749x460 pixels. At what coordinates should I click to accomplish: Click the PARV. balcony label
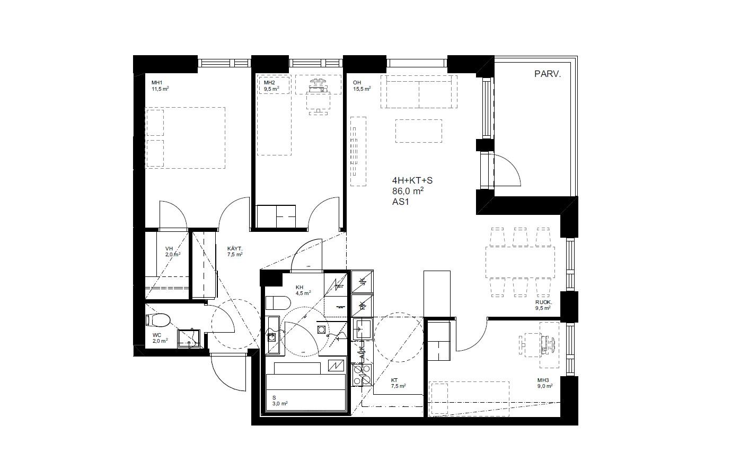click(547, 74)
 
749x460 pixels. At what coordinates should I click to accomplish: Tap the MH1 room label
click(157, 83)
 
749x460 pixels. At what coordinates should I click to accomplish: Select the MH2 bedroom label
click(269, 83)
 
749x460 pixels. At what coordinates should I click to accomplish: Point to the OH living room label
click(357, 83)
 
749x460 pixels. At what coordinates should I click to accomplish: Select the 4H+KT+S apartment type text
click(412, 180)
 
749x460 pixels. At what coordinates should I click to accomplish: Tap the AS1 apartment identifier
click(401, 202)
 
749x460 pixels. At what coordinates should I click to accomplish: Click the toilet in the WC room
click(158, 320)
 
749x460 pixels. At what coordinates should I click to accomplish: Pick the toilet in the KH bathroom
click(277, 303)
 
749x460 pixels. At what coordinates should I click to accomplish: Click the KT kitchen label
click(394, 380)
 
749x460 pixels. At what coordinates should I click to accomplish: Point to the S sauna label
click(275, 397)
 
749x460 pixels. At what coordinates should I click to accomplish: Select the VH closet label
click(169, 248)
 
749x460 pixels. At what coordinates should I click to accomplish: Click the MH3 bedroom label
click(543, 380)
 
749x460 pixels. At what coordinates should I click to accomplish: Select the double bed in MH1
click(186, 138)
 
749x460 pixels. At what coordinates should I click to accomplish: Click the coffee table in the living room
click(418, 131)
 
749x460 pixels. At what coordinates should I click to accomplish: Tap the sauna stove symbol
click(337, 366)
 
